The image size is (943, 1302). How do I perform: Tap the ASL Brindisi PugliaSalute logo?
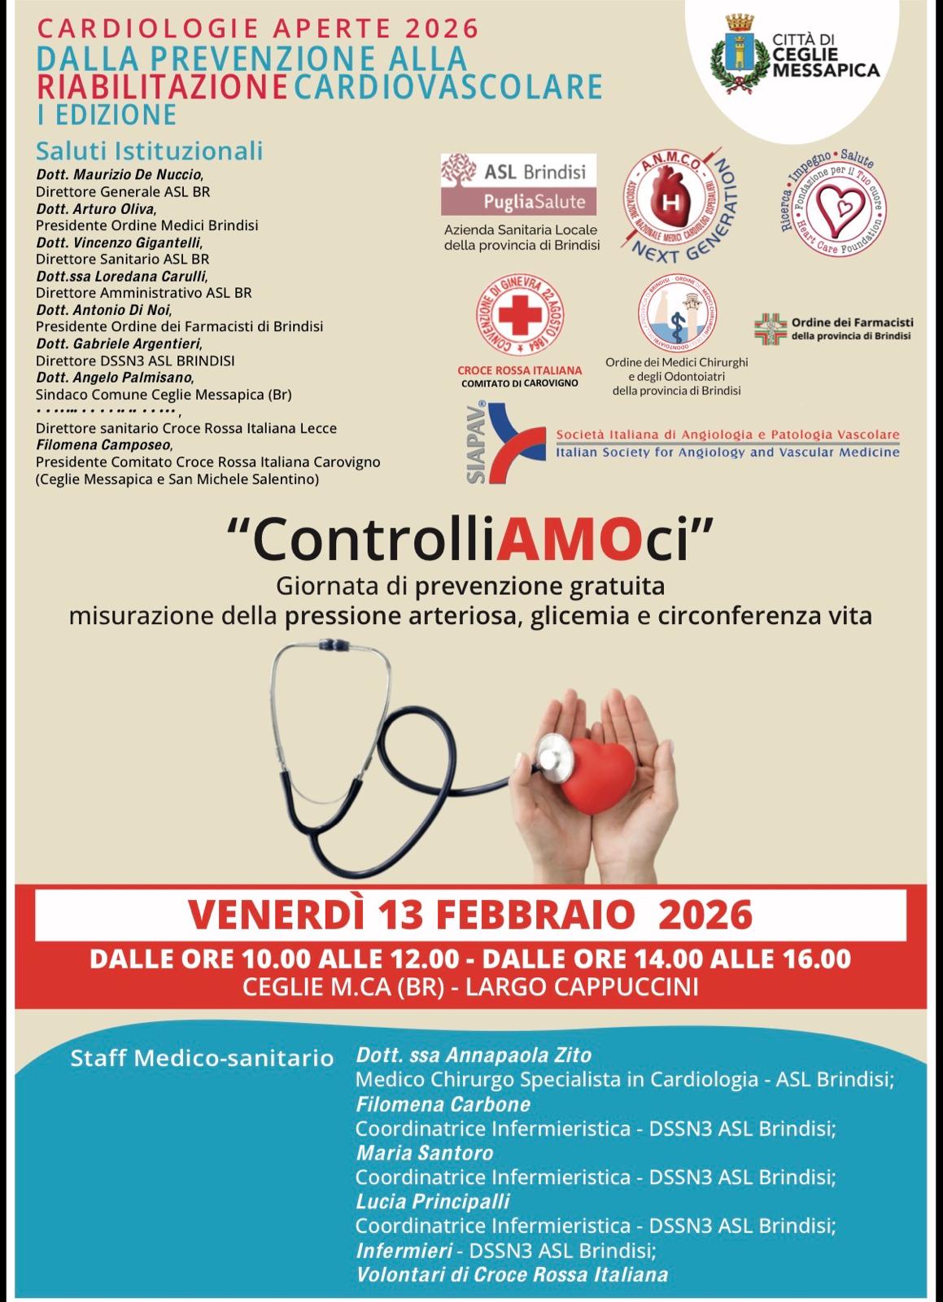(x=513, y=186)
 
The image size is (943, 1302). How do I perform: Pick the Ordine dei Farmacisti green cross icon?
(x=770, y=329)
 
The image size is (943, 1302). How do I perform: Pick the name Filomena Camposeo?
(x=103, y=445)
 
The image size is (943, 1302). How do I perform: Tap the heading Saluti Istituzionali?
(x=149, y=151)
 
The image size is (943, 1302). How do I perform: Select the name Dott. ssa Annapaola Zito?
(x=474, y=1055)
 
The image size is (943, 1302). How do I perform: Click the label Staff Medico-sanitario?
(x=203, y=1059)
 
